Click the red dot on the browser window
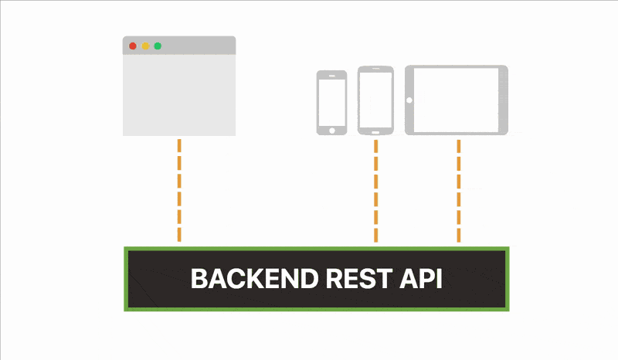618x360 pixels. point(133,46)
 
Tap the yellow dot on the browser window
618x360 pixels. point(145,46)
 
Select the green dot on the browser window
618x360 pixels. point(158,46)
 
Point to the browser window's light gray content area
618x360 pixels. point(179,96)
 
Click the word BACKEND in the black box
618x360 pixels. point(255,279)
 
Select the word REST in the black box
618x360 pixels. point(359,279)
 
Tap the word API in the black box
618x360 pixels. point(421,279)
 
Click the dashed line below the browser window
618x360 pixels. point(179,191)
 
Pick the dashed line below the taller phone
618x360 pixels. point(376,191)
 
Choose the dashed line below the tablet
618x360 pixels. point(459,191)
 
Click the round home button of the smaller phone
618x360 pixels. point(332,131)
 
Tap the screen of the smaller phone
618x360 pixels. point(332,103)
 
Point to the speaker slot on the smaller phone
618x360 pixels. point(332,76)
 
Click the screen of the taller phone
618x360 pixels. point(375,100)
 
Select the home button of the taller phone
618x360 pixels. point(375,132)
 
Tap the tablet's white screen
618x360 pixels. point(456,100)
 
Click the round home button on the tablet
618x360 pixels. point(409,100)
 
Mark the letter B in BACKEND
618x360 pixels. point(199,279)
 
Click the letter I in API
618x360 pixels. point(440,279)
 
